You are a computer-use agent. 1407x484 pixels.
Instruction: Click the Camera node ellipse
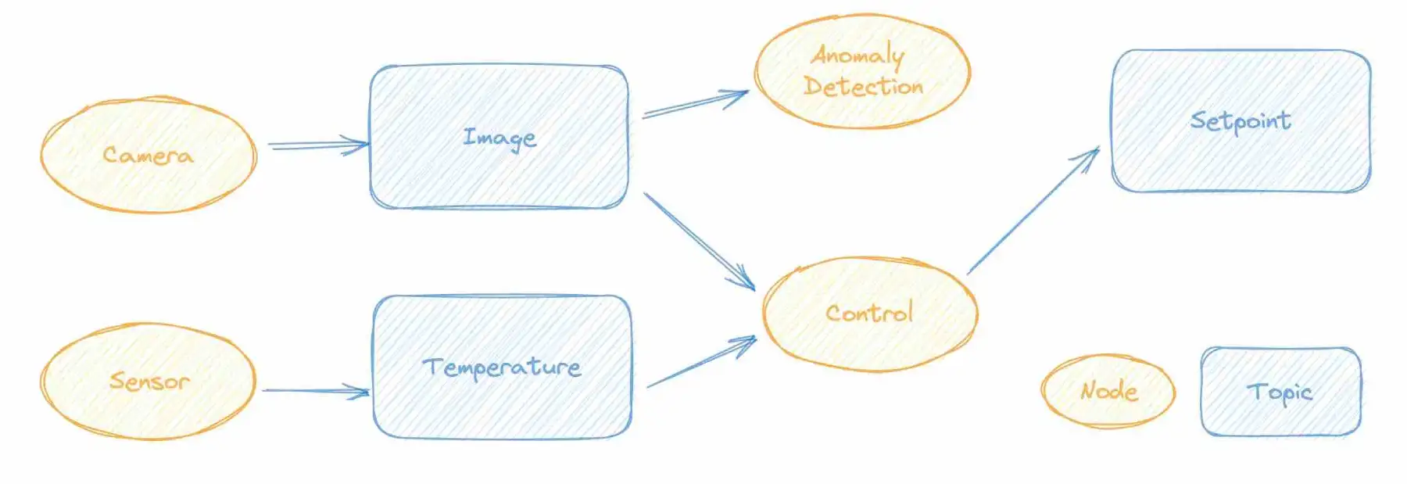click(x=149, y=155)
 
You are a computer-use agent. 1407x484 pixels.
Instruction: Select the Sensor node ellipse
click(x=149, y=382)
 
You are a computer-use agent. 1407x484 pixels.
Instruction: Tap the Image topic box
click(x=499, y=137)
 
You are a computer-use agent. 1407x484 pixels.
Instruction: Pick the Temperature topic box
click(x=503, y=367)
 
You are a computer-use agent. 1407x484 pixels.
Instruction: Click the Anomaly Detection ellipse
click(x=862, y=71)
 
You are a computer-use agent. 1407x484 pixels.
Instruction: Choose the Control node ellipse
click(x=870, y=314)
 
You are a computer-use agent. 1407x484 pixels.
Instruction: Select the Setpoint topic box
click(x=1241, y=120)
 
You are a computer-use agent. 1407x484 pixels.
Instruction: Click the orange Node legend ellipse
click(x=1108, y=390)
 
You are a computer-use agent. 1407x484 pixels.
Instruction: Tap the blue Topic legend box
click(x=1280, y=391)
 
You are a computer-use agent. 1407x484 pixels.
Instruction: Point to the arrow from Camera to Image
click(x=318, y=145)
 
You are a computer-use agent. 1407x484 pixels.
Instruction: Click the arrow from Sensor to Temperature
click(x=316, y=390)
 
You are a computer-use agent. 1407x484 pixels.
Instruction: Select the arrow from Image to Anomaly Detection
click(x=695, y=103)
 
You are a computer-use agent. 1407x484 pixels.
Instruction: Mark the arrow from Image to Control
click(x=700, y=241)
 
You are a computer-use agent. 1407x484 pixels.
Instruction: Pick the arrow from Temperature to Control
click(x=702, y=361)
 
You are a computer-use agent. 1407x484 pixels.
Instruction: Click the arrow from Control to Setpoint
click(x=1033, y=210)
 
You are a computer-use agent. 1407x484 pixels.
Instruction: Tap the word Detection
click(x=864, y=86)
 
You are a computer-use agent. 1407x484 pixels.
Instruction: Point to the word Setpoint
click(x=1241, y=121)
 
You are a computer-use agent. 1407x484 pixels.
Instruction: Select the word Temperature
click(x=502, y=367)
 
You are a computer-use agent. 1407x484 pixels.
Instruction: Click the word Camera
click(x=148, y=155)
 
